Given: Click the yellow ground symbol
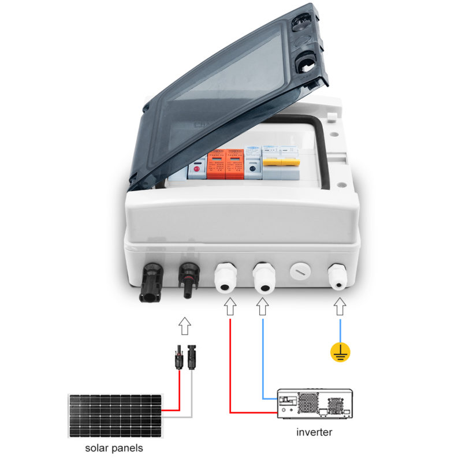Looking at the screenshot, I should coord(340,352).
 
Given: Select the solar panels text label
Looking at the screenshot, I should coord(114,448).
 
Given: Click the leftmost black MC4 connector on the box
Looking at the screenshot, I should coord(149,283).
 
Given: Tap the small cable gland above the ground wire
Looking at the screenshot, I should coord(339,275).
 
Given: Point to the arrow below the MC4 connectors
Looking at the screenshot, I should coord(184,326).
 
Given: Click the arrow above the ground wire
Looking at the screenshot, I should coord(340,307).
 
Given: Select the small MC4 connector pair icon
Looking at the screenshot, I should coord(184,358).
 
